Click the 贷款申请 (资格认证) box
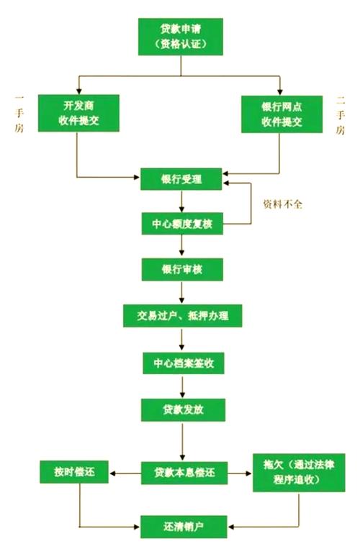click(181, 36)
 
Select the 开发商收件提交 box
click(78, 114)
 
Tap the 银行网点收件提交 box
click(282, 114)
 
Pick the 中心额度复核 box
click(181, 224)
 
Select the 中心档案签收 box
click(181, 363)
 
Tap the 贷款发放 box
click(181, 409)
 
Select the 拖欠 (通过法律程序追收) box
click(298, 472)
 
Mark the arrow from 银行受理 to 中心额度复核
click(181, 201)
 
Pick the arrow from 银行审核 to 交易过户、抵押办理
click(181, 292)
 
